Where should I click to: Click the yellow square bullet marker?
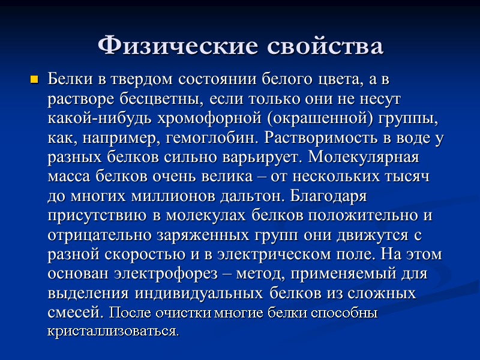(x=34, y=79)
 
